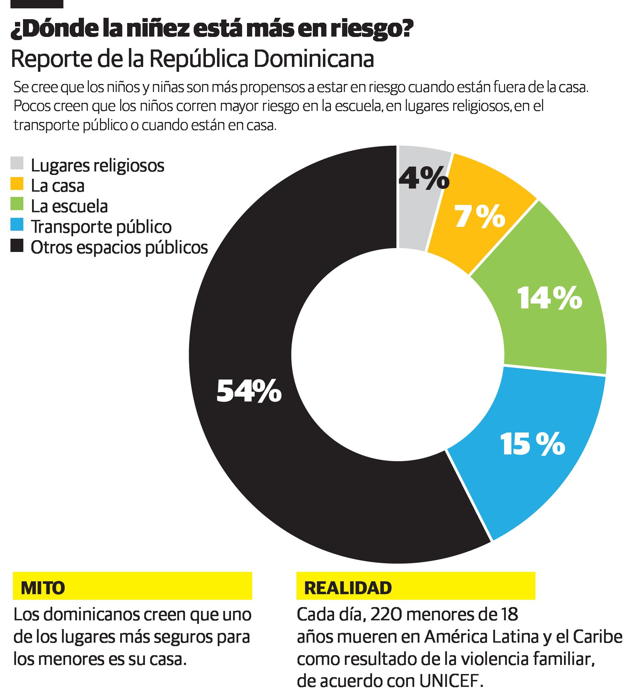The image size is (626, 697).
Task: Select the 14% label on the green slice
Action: click(x=549, y=299)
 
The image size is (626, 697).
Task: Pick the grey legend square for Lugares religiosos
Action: click(x=17, y=163)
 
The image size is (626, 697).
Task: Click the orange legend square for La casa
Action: click(x=17, y=184)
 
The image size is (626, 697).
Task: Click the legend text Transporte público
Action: click(x=101, y=227)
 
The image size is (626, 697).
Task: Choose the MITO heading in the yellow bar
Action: click(x=43, y=588)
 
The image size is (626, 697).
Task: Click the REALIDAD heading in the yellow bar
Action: click(x=348, y=588)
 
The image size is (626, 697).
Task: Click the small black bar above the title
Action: click(x=37, y=4)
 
